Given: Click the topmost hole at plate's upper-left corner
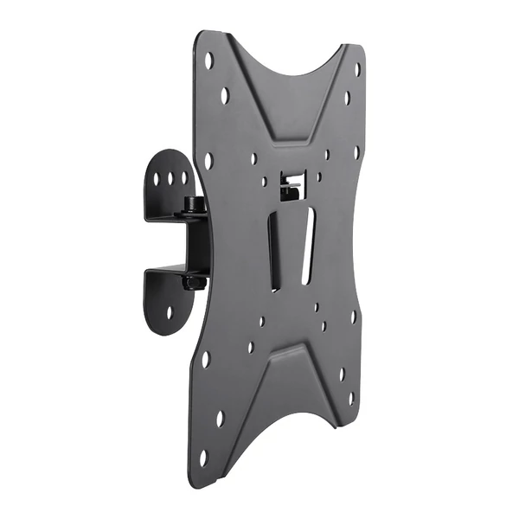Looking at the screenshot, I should pyautogui.click(x=208, y=60).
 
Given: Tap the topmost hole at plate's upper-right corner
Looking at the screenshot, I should pyautogui.click(x=357, y=69).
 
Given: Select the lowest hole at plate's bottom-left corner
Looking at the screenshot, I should pyautogui.click(x=204, y=457).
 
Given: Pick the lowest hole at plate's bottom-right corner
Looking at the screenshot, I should pyautogui.click(x=351, y=399).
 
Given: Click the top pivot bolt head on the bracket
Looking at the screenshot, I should pyautogui.click(x=192, y=204).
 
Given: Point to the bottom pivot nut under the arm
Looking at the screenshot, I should pyautogui.click(x=194, y=282).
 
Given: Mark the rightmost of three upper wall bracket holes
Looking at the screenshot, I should pyautogui.click(x=183, y=178).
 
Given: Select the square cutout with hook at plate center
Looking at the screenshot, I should pyautogui.click(x=291, y=183).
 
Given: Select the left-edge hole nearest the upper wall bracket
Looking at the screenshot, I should pyautogui.click(x=208, y=160).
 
